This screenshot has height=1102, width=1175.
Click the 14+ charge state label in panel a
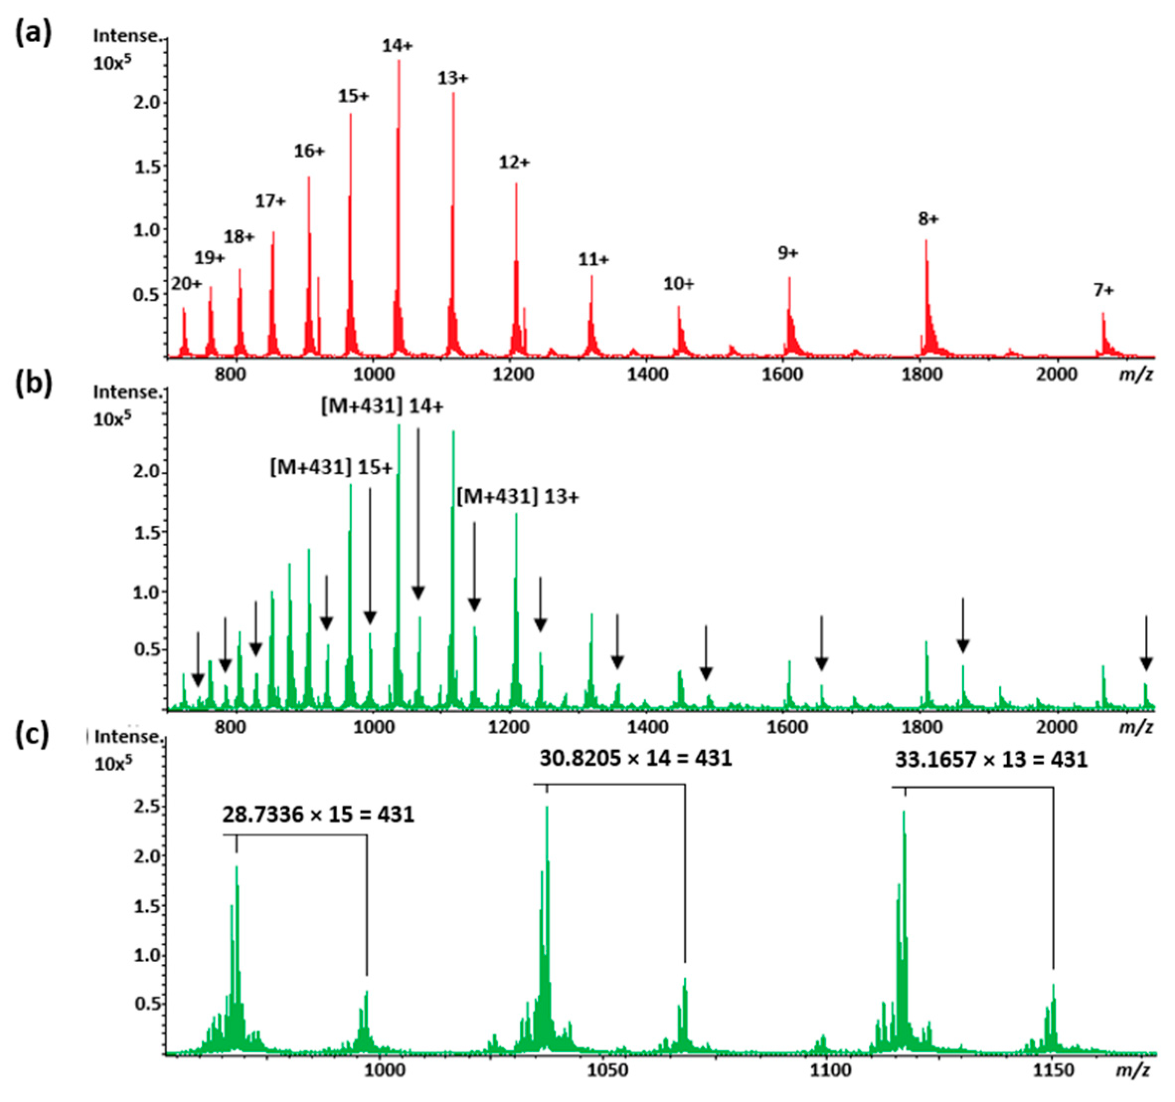pyautogui.click(x=397, y=46)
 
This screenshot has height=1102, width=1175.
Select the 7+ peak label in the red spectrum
pyautogui.click(x=1103, y=290)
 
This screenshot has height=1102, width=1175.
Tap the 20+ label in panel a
pyautogui.click(x=186, y=284)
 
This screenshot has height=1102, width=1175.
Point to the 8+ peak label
pyautogui.click(x=928, y=219)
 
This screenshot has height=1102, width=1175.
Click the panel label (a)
pyautogui.click(x=33, y=32)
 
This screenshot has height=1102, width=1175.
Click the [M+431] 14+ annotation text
pyautogui.click(x=382, y=407)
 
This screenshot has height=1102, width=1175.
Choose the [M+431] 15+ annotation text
pyautogui.click(x=331, y=468)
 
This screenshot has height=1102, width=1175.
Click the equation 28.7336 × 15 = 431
pyautogui.click(x=318, y=815)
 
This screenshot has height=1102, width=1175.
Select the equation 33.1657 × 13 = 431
pyautogui.click(x=991, y=760)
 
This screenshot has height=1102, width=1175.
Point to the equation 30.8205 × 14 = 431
pyautogui.click(x=635, y=759)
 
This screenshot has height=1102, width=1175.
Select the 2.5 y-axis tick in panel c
pyautogui.click(x=147, y=808)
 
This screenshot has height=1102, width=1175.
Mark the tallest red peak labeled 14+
pyautogui.click(x=398, y=177)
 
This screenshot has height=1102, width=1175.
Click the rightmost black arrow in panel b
pyautogui.click(x=1146, y=644)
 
